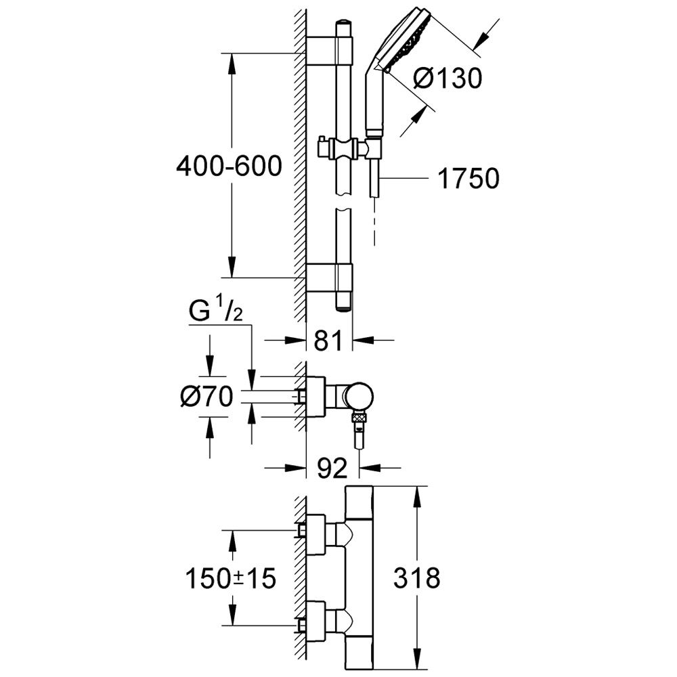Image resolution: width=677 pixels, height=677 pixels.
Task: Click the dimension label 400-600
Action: [x=230, y=166]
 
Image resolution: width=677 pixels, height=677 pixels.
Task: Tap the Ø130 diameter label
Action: [x=447, y=79]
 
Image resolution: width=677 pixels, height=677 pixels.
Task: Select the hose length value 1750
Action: [x=468, y=178]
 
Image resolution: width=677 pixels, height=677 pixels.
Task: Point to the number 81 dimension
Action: [x=328, y=341]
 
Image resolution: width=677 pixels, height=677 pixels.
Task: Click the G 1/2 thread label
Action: [x=215, y=311]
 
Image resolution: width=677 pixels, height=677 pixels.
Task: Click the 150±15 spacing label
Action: [x=231, y=578]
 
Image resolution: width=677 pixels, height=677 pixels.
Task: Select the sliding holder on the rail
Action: [x=345, y=148]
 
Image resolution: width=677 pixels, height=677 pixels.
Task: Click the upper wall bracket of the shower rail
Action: [x=330, y=52]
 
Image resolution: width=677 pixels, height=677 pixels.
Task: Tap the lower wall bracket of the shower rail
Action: [x=330, y=278]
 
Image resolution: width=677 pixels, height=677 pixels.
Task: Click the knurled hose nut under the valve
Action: [x=359, y=418]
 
